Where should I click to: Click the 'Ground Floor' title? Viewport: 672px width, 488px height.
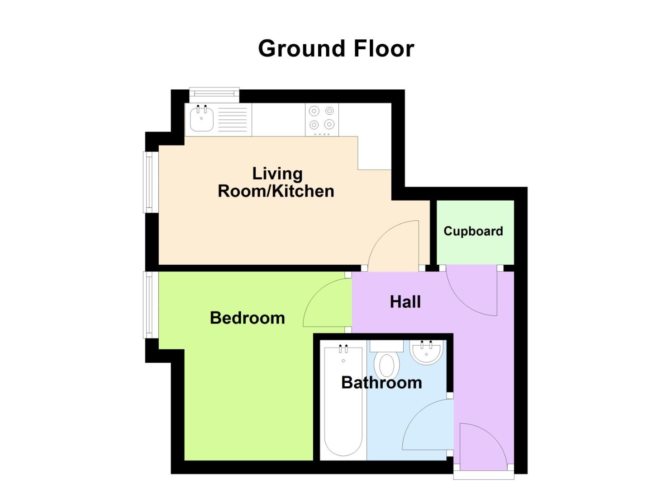pos(336,48)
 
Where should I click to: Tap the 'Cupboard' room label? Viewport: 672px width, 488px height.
pos(473,231)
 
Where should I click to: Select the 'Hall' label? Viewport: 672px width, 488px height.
pos(405,301)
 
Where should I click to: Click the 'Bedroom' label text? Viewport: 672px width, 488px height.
pos(247,318)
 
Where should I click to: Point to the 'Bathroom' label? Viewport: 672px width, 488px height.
pos(381,382)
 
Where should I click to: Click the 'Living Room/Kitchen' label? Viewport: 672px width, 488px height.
pos(276,182)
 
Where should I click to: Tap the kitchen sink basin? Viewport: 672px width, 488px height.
pos(201,119)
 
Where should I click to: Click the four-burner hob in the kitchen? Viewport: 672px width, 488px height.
pos(322,119)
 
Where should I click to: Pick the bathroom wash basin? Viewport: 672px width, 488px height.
pos(426,352)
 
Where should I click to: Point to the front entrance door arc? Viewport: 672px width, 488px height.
pos(484,445)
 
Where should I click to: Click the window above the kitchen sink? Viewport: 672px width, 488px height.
pos(214,94)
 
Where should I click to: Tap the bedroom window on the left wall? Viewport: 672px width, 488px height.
pos(149,304)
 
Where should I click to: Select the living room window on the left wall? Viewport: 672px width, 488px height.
pos(149,182)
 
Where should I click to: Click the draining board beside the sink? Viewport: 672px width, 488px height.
pos(234,119)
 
